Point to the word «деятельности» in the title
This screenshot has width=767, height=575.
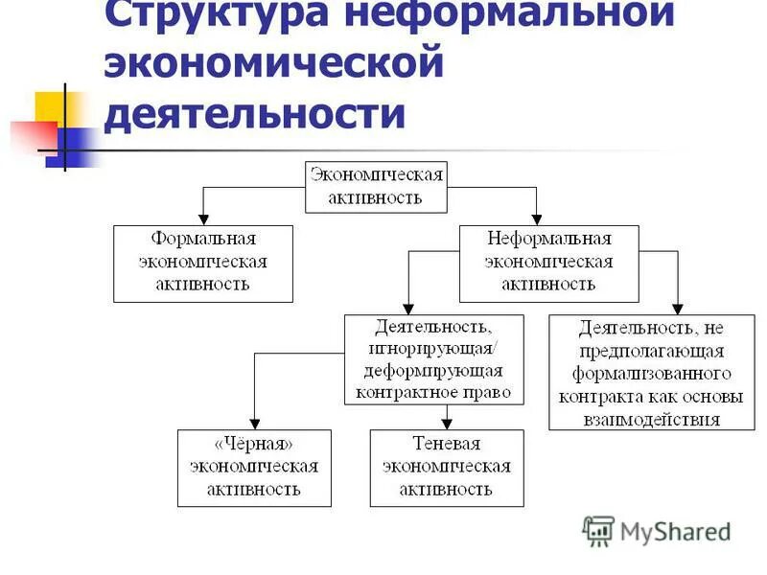(254, 114)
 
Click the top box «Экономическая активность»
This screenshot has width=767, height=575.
(377, 187)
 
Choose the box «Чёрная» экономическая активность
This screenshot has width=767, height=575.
(253, 468)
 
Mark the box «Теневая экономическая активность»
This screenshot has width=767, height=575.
(447, 468)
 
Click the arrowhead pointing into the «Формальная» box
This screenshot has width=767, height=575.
(202, 218)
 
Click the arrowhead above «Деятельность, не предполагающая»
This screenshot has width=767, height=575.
(678, 309)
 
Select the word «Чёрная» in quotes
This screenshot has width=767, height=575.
(253, 446)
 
